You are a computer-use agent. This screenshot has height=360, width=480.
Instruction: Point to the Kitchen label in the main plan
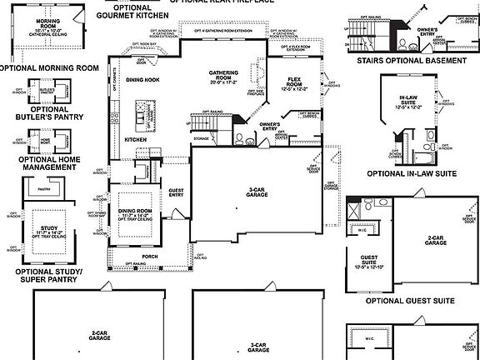click(135, 139)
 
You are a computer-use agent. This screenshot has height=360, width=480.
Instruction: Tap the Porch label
click(149, 256)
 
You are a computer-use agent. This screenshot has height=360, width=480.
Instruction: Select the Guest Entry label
click(176, 192)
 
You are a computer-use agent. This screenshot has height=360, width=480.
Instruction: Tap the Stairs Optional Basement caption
click(410, 61)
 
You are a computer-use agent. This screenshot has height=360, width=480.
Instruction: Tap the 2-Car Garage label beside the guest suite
click(435, 240)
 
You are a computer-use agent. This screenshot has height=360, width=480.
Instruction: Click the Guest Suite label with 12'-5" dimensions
click(369, 261)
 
